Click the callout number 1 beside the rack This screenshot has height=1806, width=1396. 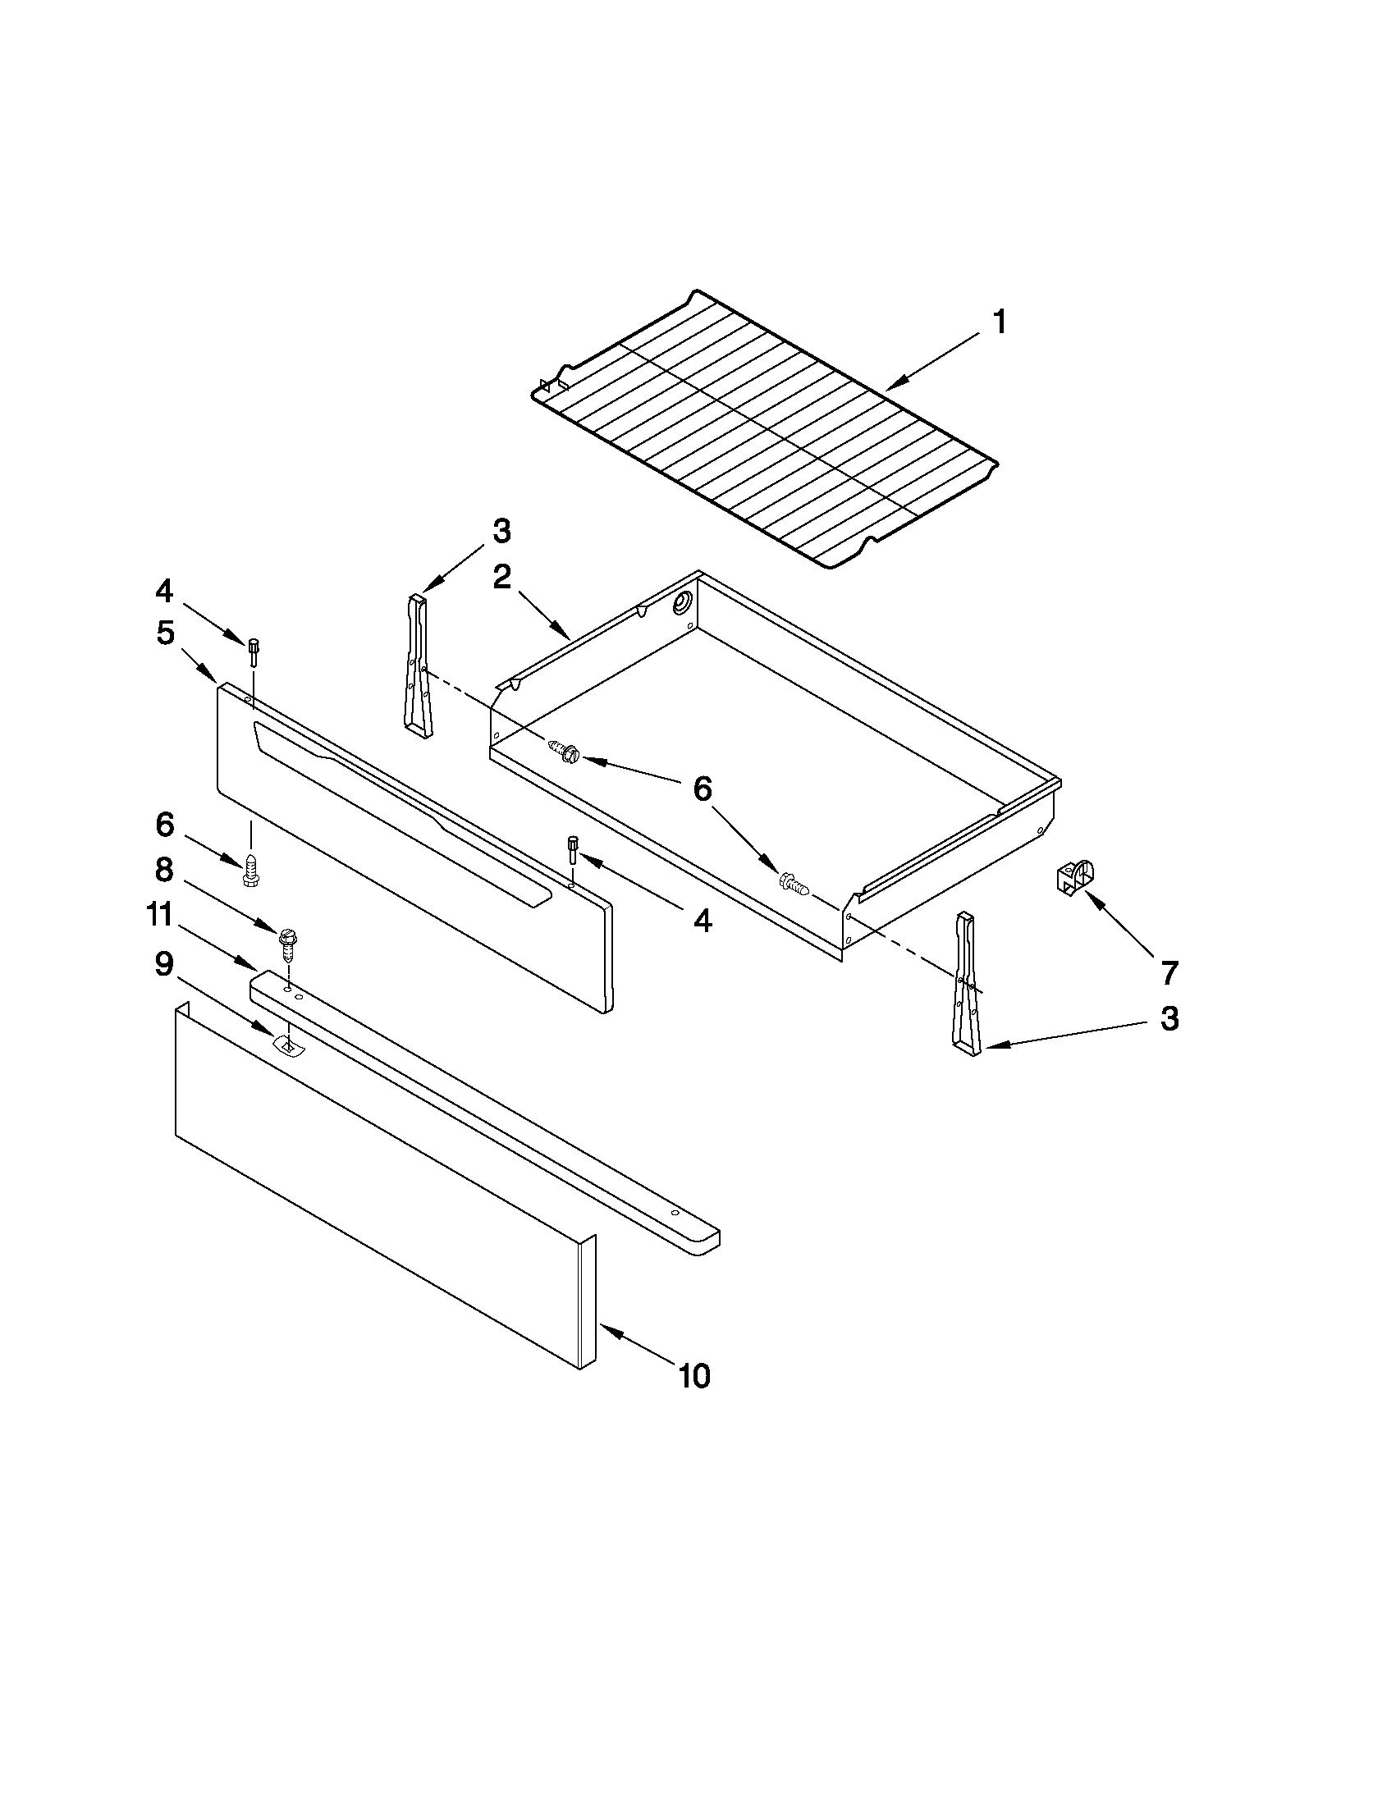1000,322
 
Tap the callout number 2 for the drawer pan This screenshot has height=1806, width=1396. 502,576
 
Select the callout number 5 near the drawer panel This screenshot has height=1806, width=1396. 166,633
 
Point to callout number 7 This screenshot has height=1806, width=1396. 1169,972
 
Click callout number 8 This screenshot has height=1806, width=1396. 165,869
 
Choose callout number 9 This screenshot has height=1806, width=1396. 165,963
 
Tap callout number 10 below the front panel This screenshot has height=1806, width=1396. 694,1376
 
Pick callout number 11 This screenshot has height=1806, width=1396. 159,916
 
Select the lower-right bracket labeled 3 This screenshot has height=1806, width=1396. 967,984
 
